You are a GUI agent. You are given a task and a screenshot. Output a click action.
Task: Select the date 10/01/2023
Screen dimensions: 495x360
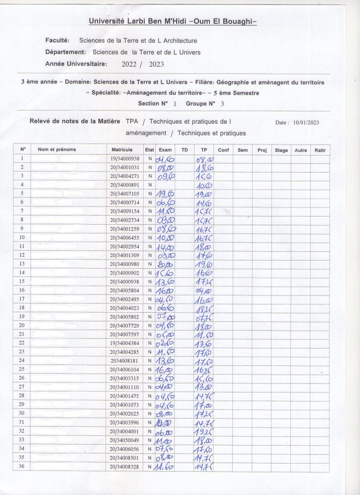[x=306, y=123]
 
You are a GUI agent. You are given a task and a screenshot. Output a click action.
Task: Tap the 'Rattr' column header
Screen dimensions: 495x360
[x=320, y=150]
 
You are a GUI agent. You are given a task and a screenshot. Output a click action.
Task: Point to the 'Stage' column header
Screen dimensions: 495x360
[x=281, y=150]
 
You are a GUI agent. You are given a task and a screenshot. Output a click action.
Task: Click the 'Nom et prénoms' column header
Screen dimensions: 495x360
[x=57, y=150]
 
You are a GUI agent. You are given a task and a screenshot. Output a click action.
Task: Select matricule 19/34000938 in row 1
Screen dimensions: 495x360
[x=125, y=159]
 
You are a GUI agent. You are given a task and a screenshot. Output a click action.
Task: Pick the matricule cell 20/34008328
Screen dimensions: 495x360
[x=125, y=466]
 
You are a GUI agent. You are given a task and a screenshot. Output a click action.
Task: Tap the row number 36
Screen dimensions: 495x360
[x=22, y=466]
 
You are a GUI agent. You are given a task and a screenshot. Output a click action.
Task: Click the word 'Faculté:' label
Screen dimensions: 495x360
[x=58, y=41]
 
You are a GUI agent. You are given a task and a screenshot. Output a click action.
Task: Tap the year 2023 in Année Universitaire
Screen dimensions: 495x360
[x=157, y=64]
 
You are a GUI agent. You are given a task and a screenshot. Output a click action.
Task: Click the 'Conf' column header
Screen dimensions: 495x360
[x=223, y=150]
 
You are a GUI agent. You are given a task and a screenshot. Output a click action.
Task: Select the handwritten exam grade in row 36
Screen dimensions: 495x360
[x=165, y=467]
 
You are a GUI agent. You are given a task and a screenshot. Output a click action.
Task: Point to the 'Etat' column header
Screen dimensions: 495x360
[x=150, y=150]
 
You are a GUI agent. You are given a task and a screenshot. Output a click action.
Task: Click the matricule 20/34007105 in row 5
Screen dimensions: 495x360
[x=125, y=193]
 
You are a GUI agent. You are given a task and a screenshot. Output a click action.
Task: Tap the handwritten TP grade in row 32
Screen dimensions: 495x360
[x=204, y=432]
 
